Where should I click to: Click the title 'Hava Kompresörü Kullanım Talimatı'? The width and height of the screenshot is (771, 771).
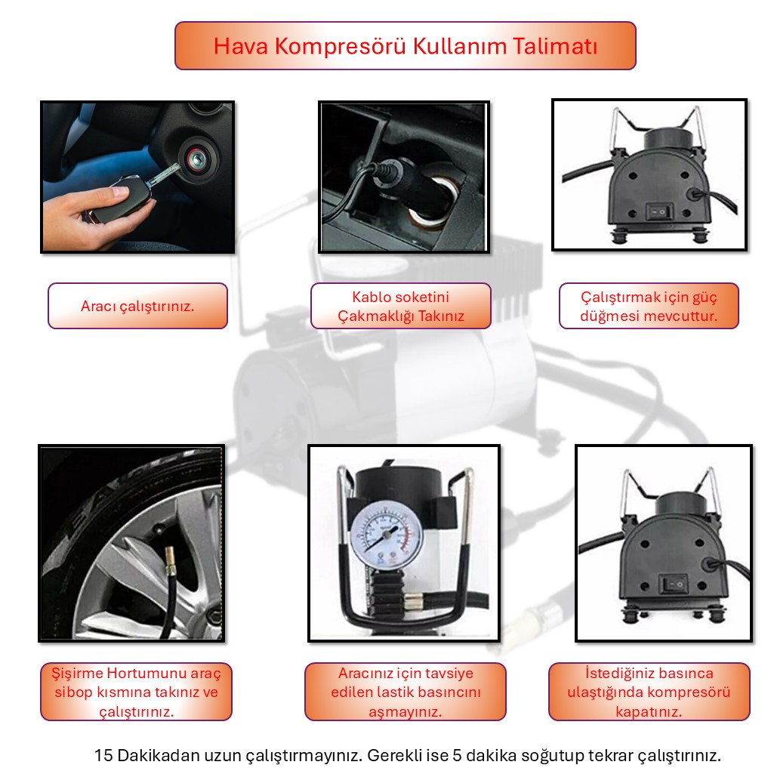[406, 46]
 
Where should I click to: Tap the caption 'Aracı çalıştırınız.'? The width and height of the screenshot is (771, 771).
[137, 307]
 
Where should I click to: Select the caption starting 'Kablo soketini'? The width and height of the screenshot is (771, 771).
[401, 307]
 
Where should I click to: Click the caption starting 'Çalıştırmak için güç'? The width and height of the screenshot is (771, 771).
[649, 307]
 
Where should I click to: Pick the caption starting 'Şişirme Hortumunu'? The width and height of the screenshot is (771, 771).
[136, 692]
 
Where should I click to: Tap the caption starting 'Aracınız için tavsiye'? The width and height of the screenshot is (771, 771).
[406, 692]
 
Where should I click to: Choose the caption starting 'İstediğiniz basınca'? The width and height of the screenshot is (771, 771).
[649, 692]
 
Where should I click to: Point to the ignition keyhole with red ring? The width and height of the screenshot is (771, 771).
[197, 159]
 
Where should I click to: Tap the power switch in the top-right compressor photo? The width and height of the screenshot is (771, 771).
[658, 212]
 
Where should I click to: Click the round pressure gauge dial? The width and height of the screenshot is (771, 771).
[387, 536]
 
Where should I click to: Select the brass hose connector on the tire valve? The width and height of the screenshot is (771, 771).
[170, 562]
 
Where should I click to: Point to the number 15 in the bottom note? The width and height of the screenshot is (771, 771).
[103, 755]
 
